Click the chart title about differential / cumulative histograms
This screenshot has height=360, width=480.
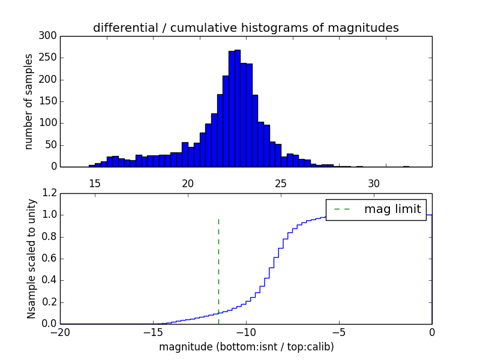point(245,28)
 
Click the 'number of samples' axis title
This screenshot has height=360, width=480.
point(29,101)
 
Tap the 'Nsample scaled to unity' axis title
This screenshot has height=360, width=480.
point(31,259)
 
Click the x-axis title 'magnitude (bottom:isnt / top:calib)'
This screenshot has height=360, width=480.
point(246,347)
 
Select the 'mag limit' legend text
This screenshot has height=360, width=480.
point(392,209)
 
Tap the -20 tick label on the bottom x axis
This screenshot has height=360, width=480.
point(60,332)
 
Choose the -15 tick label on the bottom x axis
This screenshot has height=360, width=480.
point(153,332)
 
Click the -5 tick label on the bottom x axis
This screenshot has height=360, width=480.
point(339,332)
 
